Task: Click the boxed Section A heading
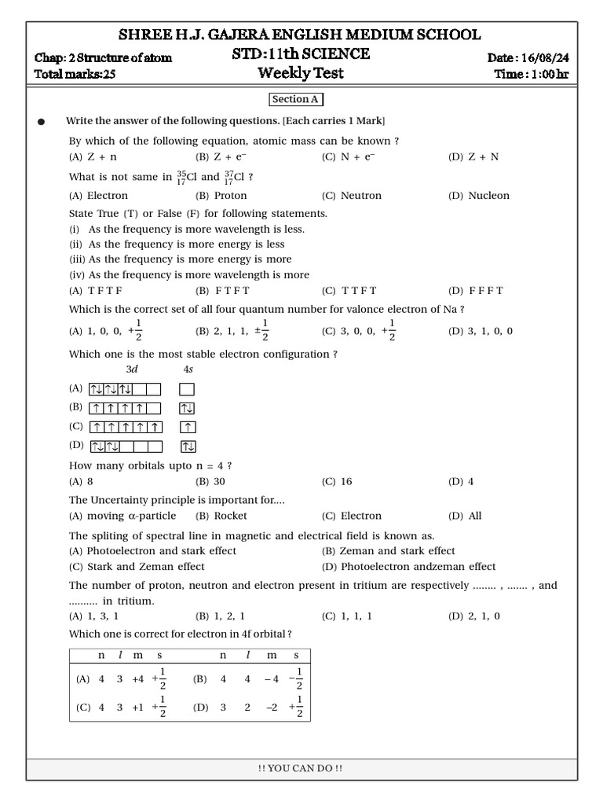click(x=295, y=100)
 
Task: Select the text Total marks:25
click(x=80, y=75)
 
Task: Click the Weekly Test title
click(x=301, y=74)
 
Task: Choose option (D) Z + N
click(x=473, y=157)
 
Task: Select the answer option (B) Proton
click(x=221, y=196)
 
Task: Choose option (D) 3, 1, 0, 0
click(x=480, y=331)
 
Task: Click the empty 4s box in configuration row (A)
click(x=187, y=389)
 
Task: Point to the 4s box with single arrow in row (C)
click(x=187, y=427)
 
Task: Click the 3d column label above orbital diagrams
click(x=131, y=369)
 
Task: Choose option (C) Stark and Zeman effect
click(x=137, y=567)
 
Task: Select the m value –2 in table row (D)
click(x=272, y=708)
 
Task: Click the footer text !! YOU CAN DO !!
click(x=301, y=768)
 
